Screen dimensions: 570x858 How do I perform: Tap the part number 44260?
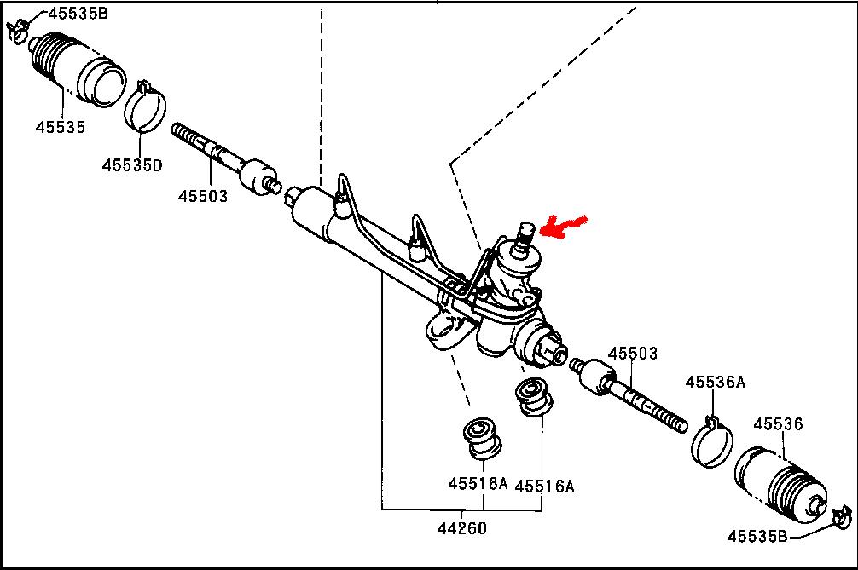pos(462,528)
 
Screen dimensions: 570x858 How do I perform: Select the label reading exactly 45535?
pos(61,127)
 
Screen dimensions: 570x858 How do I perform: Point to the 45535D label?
pos(132,164)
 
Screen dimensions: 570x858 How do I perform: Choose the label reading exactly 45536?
pos(779,423)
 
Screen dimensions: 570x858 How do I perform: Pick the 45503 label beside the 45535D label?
pos(203,196)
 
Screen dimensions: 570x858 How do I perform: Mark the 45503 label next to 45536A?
pos(634,354)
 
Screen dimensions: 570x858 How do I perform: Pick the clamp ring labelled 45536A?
pos(711,442)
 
